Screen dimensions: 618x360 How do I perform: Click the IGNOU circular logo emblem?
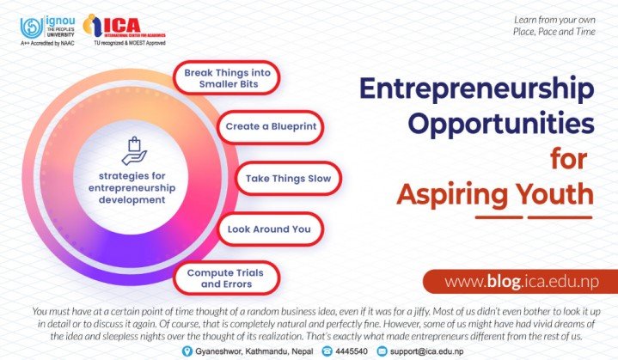(x=32, y=27)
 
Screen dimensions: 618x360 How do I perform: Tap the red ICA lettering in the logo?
(x=121, y=25)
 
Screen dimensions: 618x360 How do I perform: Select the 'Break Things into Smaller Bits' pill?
(x=227, y=78)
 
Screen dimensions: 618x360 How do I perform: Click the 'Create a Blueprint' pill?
(x=271, y=127)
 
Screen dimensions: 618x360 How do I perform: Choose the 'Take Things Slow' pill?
(x=288, y=179)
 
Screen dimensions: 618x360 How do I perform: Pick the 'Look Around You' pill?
(x=271, y=229)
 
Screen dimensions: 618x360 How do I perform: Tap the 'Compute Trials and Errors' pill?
(x=227, y=278)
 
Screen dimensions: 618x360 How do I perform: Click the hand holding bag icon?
(x=134, y=150)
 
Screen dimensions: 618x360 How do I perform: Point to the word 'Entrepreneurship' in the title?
(x=476, y=90)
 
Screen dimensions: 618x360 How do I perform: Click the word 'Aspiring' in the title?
(x=452, y=196)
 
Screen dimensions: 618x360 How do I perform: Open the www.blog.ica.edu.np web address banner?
(x=521, y=281)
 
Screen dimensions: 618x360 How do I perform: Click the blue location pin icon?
(x=187, y=351)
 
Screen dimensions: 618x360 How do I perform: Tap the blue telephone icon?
(x=327, y=351)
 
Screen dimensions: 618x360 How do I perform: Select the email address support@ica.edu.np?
(x=427, y=351)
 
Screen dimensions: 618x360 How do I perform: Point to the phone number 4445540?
(x=352, y=351)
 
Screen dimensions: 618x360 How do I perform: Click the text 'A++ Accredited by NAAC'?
(x=47, y=43)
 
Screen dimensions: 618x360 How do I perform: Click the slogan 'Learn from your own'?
(x=554, y=20)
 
